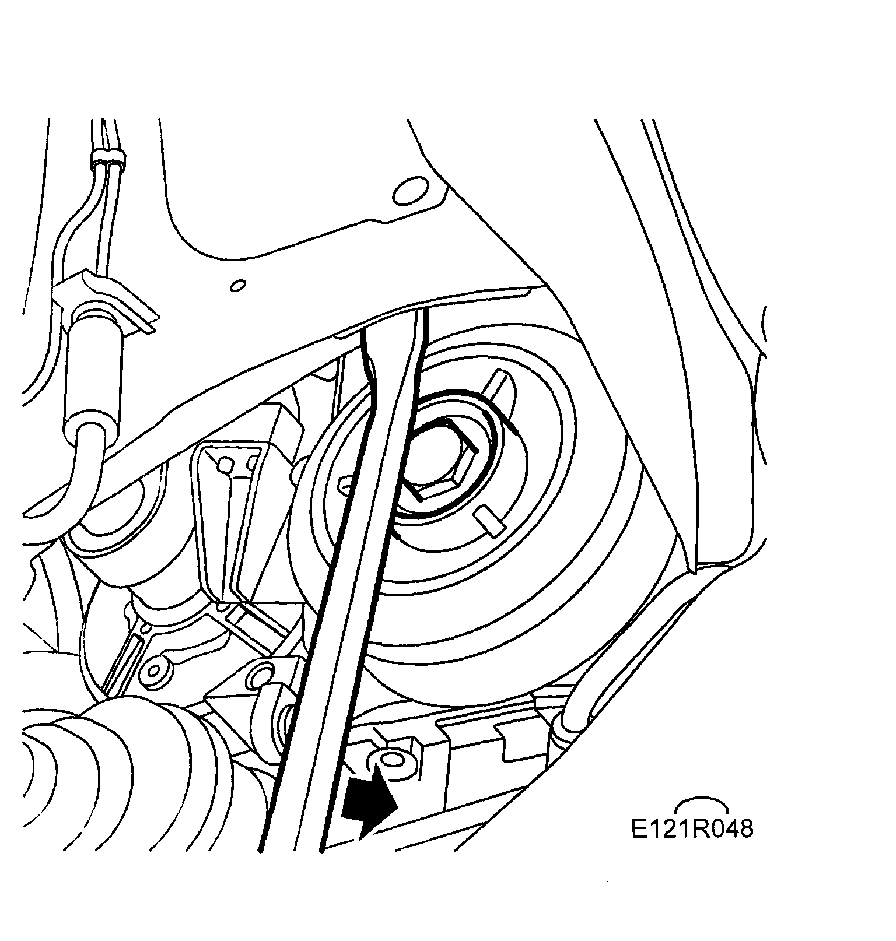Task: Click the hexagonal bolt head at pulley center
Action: click(x=440, y=460)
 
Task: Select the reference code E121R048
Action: click(x=692, y=828)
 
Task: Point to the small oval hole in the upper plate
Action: click(x=237, y=286)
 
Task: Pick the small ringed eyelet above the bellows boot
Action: click(x=156, y=670)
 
